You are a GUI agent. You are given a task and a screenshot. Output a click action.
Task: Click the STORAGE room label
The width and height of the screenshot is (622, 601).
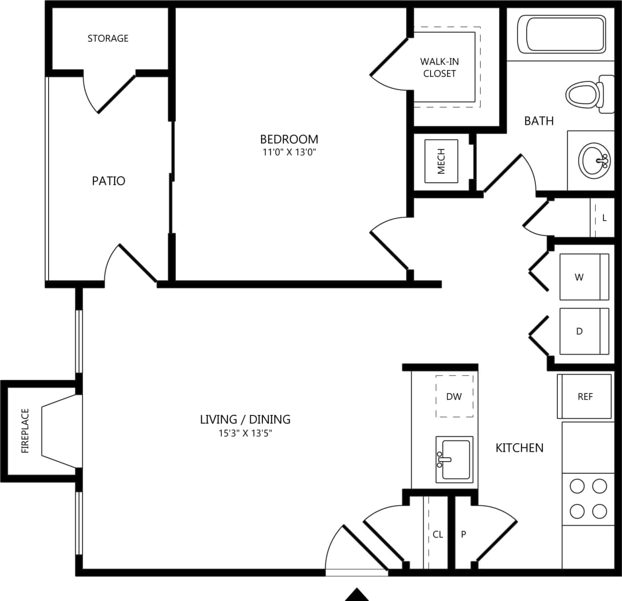pyautogui.click(x=108, y=38)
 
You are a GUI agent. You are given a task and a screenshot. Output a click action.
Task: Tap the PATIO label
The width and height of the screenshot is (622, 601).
pyautogui.click(x=108, y=181)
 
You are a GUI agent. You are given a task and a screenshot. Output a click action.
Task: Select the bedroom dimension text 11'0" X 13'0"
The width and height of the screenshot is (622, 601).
pyautogui.click(x=289, y=152)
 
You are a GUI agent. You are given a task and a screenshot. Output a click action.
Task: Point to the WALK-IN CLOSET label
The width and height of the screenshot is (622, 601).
pyautogui.click(x=439, y=68)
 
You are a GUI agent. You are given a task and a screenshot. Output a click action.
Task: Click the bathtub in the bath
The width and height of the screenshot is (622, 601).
pyautogui.click(x=561, y=34)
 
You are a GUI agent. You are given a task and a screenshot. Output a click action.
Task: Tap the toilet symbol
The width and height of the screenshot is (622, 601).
pyautogui.click(x=585, y=93)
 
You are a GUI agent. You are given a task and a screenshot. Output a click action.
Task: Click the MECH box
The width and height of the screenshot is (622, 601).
pyautogui.click(x=441, y=161)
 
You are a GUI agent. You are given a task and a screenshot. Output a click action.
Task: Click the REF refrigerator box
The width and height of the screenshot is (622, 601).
pyautogui.click(x=585, y=396)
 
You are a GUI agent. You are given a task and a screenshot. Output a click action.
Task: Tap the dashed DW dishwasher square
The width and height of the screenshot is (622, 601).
pyautogui.click(x=454, y=396)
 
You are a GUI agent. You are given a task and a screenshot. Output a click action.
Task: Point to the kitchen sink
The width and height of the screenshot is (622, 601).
pyautogui.click(x=454, y=459)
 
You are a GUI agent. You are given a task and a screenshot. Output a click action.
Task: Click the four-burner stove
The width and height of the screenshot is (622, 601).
pyautogui.click(x=588, y=498)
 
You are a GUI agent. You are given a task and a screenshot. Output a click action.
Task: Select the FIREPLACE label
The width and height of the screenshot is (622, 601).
pyautogui.click(x=25, y=430)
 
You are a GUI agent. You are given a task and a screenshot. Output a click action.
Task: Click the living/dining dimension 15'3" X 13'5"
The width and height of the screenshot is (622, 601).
pyautogui.click(x=245, y=433)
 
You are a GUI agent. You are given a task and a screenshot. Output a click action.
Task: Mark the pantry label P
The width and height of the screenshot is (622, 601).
pyautogui.click(x=464, y=534)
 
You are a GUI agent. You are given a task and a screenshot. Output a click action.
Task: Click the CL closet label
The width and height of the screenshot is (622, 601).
pyautogui.click(x=438, y=534)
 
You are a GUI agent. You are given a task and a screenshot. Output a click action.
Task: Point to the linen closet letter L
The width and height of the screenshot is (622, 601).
pyautogui.click(x=604, y=218)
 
